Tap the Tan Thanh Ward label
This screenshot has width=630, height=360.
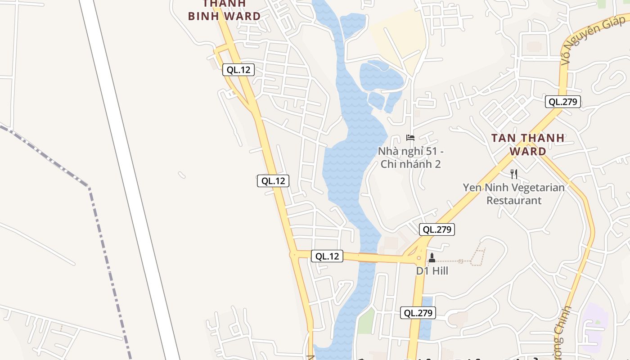[x=528, y=144]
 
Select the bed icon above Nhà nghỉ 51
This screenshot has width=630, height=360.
[x=410, y=137]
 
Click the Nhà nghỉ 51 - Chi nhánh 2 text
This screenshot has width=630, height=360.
[x=410, y=157]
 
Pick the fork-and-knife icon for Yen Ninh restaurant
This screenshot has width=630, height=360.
[x=514, y=174]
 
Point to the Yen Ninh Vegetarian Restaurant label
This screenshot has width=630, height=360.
[x=514, y=193]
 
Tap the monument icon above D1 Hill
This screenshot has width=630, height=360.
[x=432, y=257]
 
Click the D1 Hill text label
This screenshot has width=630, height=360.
[x=432, y=271]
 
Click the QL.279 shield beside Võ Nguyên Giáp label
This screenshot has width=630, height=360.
[x=562, y=102]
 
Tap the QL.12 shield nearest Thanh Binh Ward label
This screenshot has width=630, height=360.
[x=238, y=70]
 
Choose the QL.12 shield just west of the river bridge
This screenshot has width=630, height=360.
[x=327, y=256]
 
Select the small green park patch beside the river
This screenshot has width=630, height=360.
[x=367, y=320]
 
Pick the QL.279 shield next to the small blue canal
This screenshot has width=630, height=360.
[x=418, y=313]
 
